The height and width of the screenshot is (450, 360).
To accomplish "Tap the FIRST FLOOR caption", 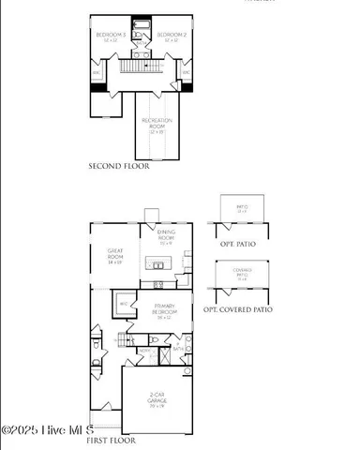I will click(x=111, y=439).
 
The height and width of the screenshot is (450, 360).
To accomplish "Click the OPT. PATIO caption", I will click(x=239, y=244).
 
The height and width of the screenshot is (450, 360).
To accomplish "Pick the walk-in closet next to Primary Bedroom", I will click(x=124, y=305).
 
